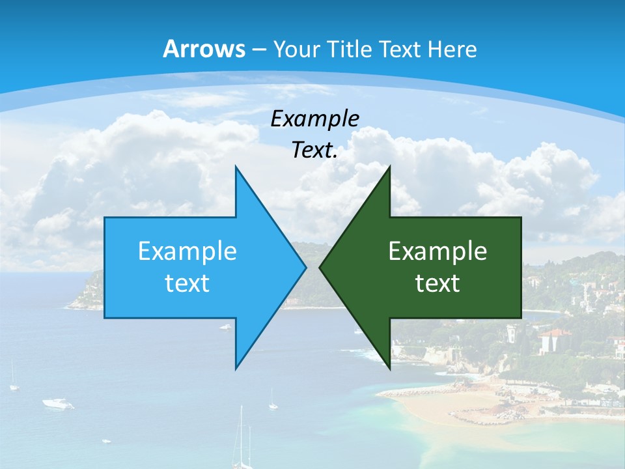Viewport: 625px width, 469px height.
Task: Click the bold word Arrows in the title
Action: click(x=204, y=49)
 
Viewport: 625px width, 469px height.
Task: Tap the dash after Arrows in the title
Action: click(x=258, y=50)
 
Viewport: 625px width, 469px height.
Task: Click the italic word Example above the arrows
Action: click(x=315, y=119)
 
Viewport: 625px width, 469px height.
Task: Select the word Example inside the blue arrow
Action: click(x=187, y=251)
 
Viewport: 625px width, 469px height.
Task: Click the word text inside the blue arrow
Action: click(x=187, y=283)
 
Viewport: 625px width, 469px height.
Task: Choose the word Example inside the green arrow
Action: click(x=437, y=251)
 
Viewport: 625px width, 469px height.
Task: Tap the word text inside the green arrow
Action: click(x=437, y=283)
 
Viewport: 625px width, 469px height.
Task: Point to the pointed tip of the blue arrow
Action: click(x=305, y=267)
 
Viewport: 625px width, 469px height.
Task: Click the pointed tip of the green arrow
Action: click(x=320, y=267)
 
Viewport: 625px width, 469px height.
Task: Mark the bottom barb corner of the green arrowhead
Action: click(x=389, y=368)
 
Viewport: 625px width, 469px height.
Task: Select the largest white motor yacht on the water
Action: click(x=58, y=404)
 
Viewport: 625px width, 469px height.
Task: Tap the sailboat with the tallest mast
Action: click(x=242, y=449)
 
